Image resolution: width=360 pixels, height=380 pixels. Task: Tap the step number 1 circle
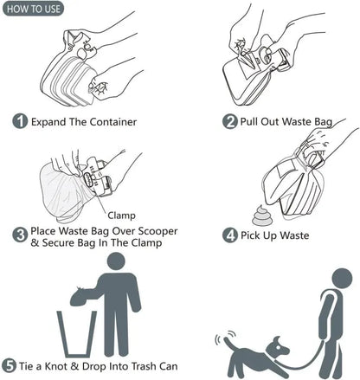click(x=20, y=122)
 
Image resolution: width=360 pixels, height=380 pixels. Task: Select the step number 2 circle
click(x=230, y=121)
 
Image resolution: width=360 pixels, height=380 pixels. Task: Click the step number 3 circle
click(x=20, y=234)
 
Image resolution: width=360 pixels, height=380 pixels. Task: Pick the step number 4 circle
click(x=230, y=235)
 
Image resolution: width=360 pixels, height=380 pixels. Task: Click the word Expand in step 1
click(x=50, y=122)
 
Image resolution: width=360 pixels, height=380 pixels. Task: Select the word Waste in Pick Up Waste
click(x=292, y=235)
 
